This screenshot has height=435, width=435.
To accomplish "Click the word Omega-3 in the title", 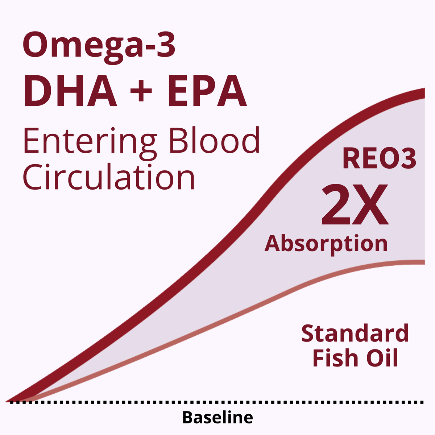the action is [x=99, y=47].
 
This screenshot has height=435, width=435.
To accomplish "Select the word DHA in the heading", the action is [x=70, y=91].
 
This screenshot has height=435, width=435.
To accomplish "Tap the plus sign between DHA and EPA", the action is [x=141, y=91].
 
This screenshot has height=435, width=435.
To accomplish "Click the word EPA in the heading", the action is [x=207, y=91].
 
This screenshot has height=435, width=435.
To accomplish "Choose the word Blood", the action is [x=215, y=140].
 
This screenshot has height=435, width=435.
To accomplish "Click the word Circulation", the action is [x=109, y=177].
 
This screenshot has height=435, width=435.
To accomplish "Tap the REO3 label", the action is [x=379, y=158].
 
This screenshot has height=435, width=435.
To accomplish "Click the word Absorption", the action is [x=326, y=244].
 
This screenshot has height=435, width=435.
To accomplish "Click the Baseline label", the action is [x=217, y=417].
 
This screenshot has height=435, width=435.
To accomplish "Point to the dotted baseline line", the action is [x=217, y=402].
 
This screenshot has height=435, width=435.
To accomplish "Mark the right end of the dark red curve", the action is [x=424, y=93].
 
